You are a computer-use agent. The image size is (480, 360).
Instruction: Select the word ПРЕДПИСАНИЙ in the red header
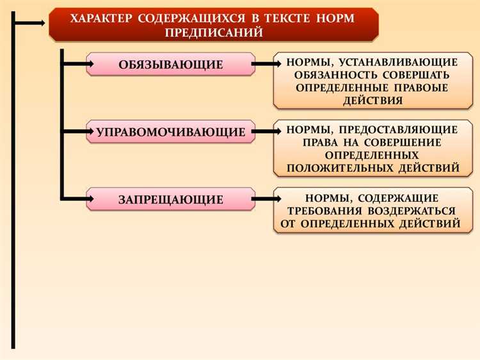coord(213,32)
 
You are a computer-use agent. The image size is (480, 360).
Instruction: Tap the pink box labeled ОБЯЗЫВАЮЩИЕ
coord(170,64)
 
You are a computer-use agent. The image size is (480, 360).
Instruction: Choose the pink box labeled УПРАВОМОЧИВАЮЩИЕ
coord(170,132)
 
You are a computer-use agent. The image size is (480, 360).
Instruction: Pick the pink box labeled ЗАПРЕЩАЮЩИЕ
coord(170,199)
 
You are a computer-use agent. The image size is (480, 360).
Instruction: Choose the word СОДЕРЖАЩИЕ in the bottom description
coord(404,198)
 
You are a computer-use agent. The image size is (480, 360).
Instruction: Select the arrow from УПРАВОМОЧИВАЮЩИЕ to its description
coord(264,132)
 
